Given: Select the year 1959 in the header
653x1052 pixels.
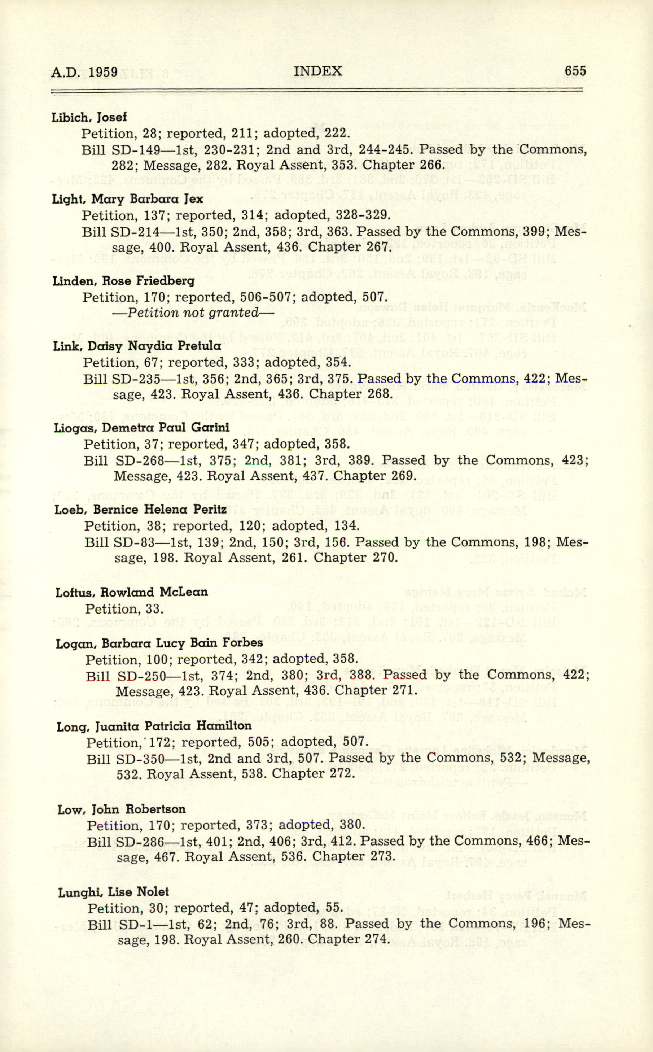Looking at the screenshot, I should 101,72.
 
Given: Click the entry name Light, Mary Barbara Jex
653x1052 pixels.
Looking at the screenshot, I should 127,199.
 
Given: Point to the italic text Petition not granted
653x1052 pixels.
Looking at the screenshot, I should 193,313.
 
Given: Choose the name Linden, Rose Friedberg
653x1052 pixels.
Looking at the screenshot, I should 123,281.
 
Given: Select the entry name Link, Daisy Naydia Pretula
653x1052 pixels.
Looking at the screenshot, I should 137,346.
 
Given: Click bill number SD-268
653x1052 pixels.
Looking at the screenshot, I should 140,460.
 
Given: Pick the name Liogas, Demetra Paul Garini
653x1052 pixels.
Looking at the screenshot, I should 142,428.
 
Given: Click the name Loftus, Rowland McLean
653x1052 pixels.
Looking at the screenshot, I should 131,592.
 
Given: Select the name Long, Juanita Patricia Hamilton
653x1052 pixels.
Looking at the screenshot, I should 154,726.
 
